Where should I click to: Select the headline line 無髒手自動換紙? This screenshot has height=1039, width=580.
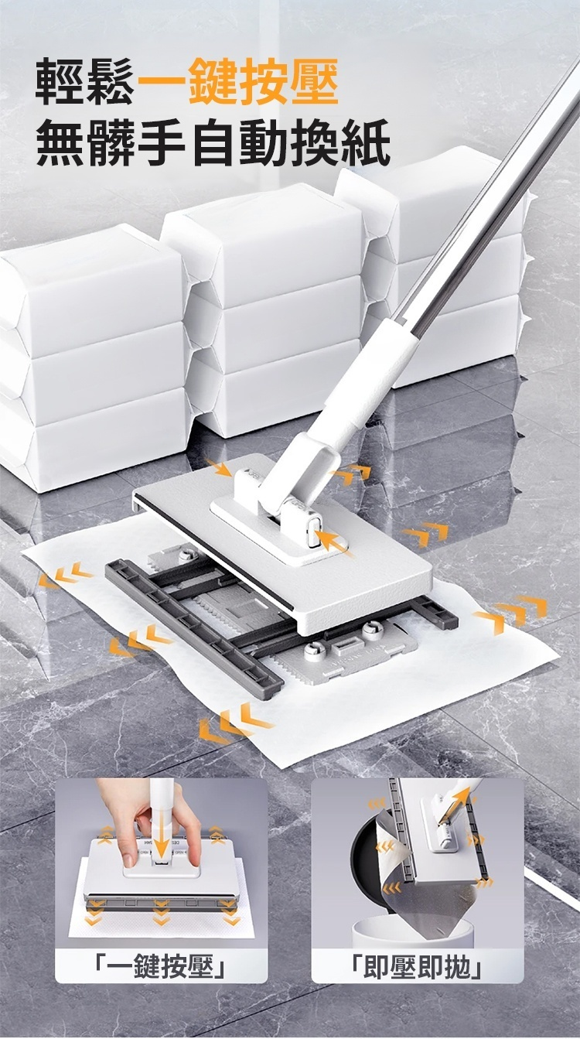[213, 142]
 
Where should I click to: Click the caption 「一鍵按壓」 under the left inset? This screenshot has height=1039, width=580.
[161, 966]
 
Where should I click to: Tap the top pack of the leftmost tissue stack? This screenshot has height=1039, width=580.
[90, 288]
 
